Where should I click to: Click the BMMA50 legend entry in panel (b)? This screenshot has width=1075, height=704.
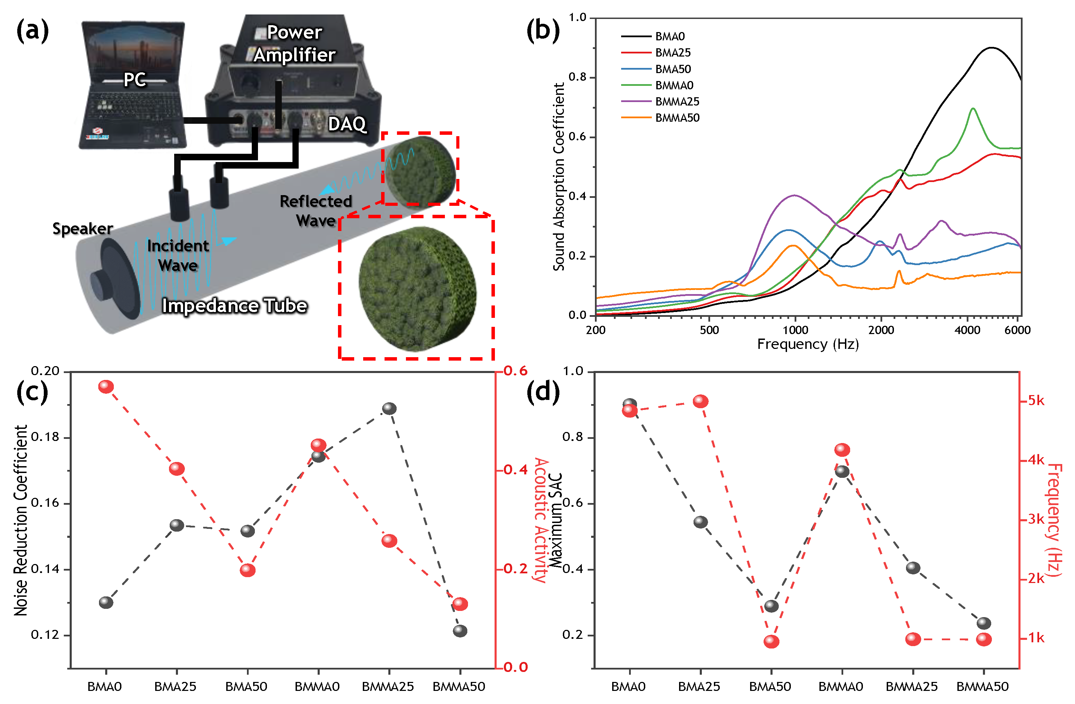pos(677,118)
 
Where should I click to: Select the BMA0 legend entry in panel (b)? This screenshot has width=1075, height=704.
pos(669,36)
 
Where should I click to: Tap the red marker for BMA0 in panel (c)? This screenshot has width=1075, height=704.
pos(106,386)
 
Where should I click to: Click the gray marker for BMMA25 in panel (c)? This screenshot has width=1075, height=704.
pos(389,409)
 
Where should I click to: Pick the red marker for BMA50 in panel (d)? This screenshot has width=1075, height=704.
pos(772,641)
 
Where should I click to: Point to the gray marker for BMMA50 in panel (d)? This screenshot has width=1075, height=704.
pos(984,624)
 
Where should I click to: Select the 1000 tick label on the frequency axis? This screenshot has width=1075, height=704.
pos(795,330)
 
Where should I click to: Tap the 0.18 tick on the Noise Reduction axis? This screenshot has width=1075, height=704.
pos(45,437)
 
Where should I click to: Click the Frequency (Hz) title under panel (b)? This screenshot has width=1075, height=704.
pos(808,344)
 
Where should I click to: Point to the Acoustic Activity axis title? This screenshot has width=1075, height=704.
pos(541,519)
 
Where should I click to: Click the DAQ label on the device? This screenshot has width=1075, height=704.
pos(347,124)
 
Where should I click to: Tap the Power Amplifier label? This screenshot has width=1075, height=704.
pos(295,43)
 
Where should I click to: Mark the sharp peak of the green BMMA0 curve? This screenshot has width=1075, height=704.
pos(973,109)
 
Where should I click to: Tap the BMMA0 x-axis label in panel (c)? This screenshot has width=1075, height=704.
pos(317,687)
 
